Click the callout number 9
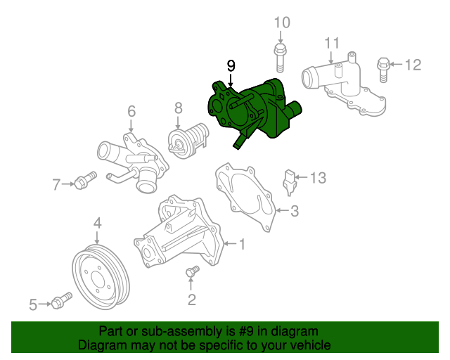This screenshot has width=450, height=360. tap(231, 65)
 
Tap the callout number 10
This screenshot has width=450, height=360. tap(281, 22)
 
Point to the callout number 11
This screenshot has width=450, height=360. tap(332, 44)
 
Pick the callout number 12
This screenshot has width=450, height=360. tap(413, 65)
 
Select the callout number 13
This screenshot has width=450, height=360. tap(319, 178)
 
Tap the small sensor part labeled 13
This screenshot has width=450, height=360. tap(290, 181)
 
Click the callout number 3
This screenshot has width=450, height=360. tap(295, 210)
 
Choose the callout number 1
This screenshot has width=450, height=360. tap(242, 245)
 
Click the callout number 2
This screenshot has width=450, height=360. tap(191, 300)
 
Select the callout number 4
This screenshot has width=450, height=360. tap(98, 224)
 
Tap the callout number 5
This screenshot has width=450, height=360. tap(32, 304)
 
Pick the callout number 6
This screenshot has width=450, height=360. tap(131, 110)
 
